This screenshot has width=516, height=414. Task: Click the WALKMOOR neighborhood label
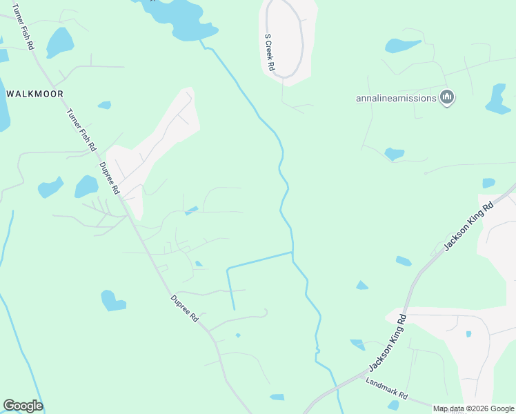click(x=34, y=93)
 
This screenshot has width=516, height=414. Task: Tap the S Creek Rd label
click(x=270, y=54)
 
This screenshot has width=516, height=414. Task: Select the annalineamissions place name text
click(x=396, y=98)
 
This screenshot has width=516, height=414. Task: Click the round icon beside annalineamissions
click(x=447, y=98)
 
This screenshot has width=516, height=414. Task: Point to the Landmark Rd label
click(x=387, y=390)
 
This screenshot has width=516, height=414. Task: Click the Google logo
click(x=23, y=406)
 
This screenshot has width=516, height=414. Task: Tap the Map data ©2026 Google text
click(x=473, y=408)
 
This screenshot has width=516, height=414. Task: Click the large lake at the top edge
click(x=181, y=17)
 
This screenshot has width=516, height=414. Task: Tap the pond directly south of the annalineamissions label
click(x=394, y=153)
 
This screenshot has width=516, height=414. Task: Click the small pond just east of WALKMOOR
click(x=104, y=105)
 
